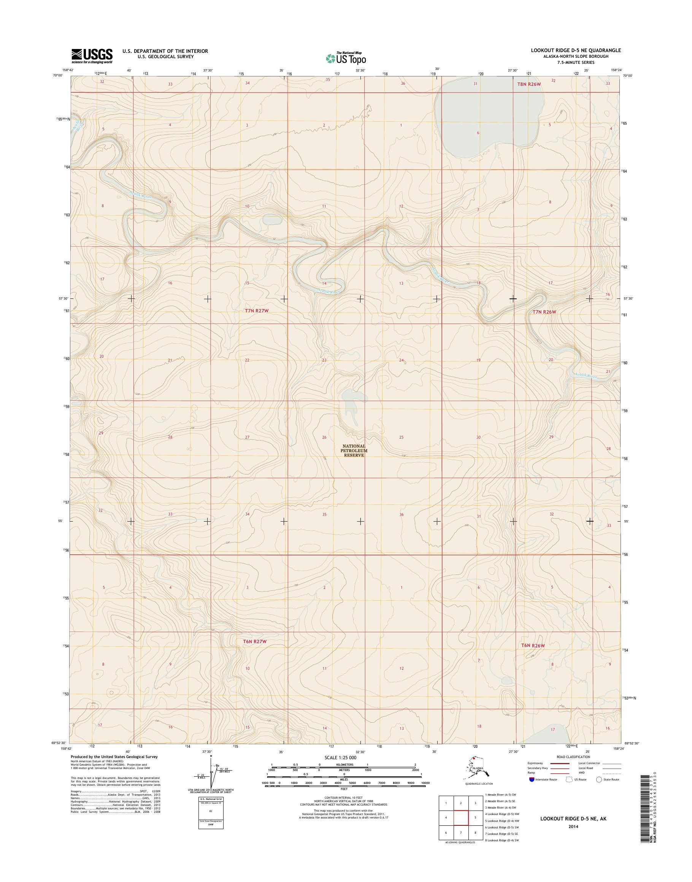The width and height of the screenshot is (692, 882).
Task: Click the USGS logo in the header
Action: [x=92, y=56]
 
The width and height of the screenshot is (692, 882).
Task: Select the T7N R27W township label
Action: [x=257, y=311]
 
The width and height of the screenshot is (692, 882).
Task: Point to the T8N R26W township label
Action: [x=529, y=84]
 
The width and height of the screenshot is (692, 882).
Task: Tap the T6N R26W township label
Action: [x=533, y=645]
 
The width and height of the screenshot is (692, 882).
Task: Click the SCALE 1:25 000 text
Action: [x=341, y=757]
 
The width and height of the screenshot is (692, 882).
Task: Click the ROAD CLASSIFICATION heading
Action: [x=573, y=757]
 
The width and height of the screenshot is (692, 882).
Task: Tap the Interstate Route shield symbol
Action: [x=532, y=779]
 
